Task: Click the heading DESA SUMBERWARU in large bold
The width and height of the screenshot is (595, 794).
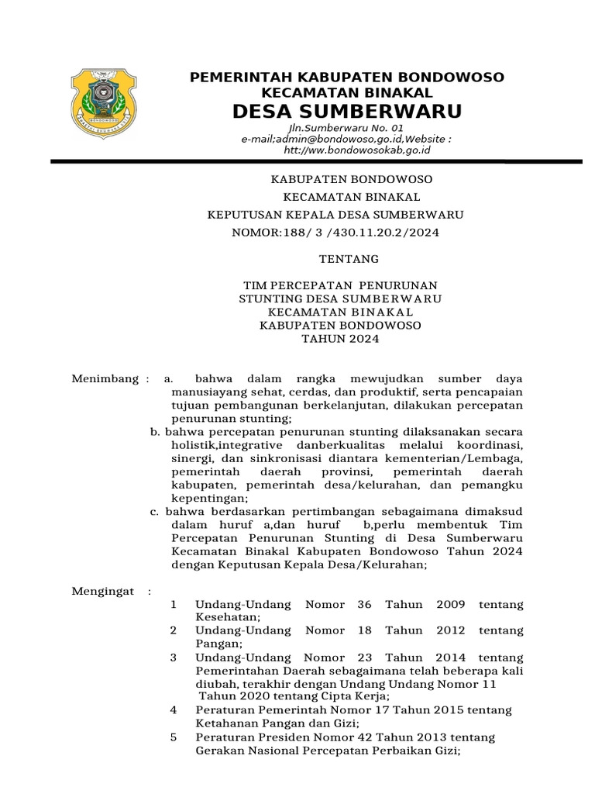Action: (347, 112)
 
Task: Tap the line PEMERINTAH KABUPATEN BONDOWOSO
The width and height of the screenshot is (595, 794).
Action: (347, 77)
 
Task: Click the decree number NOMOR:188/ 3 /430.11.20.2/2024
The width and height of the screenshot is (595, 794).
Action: (339, 232)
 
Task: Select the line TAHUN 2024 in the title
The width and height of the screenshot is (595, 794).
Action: (341, 339)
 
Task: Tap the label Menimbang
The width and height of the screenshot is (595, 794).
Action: (105, 378)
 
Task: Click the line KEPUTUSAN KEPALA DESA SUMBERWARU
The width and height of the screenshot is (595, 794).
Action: (339, 214)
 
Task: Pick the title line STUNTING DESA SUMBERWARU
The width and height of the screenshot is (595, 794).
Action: (340, 299)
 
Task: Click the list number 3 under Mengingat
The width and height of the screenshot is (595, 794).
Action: (174, 657)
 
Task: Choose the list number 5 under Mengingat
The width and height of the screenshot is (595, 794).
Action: (174, 737)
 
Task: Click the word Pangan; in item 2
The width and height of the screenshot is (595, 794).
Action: (218, 644)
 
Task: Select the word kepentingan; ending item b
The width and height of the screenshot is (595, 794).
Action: (209, 498)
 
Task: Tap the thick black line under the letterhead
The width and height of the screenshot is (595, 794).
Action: (316, 161)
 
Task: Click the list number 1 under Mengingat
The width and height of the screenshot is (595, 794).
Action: (174, 604)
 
